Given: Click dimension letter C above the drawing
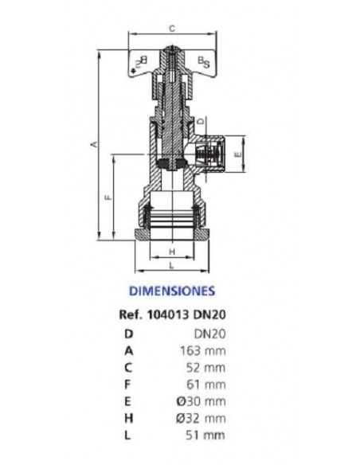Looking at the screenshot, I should [x=172, y=28].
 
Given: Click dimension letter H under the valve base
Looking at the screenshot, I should [x=171, y=252].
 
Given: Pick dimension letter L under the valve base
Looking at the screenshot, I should [x=171, y=264].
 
